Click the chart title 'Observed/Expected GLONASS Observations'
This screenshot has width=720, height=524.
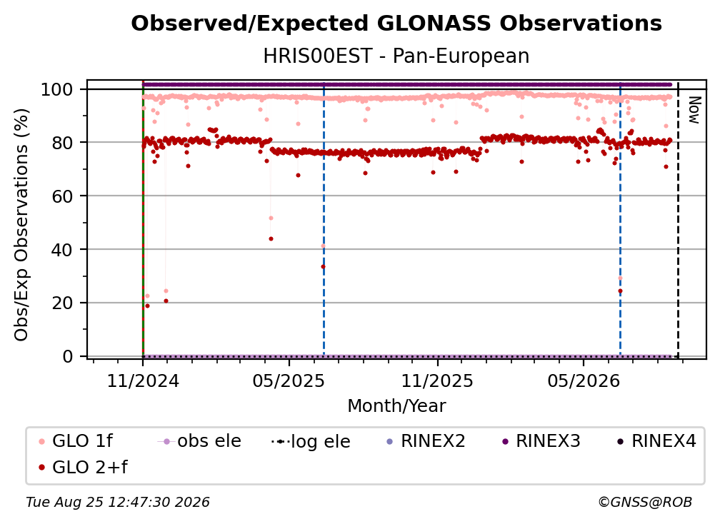pyautogui.click(x=396, y=24)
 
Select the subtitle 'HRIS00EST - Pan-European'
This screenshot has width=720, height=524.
pyautogui.click(x=396, y=56)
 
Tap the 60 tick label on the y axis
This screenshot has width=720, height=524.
pyautogui.click(x=62, y=196)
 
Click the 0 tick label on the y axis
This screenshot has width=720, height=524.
pyautogui.click(x=68, y=356)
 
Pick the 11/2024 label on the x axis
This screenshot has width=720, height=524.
pyautogui.click(x=143, y=381)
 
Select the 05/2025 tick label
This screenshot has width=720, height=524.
pyautogui.click(x=289, y=381)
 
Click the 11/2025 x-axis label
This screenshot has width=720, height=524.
pyautogui.click(x=437, y=381)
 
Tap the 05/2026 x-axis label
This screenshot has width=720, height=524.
pyautogui.click(x=583, y=381)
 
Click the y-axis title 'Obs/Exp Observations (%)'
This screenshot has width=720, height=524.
pyautogui.click(x=21, y=225)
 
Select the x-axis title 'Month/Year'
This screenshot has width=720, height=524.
pyautogui.click(x=396, y=406)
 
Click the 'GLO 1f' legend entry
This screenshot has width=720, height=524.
pyautogui.click(x=76, y=441)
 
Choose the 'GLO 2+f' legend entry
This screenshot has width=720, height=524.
pyautogui.click(x=83, y=468)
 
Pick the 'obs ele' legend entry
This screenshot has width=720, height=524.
pyautogui.click(x=199, y=441)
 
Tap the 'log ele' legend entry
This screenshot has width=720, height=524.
pyautogui.click(x=311, y=442)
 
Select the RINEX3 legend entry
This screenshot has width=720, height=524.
pyautogui.click(x=541, y=441)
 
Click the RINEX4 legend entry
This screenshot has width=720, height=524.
pyautogui.click(x=656, y=441)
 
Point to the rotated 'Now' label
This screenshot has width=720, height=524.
pyautogui.click(x=694, y=110)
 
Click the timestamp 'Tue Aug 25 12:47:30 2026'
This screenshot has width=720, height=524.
pyautogui.click(x=118, y=503)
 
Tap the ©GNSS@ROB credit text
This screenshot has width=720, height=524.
pyautogui.click(x=645, y=503)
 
